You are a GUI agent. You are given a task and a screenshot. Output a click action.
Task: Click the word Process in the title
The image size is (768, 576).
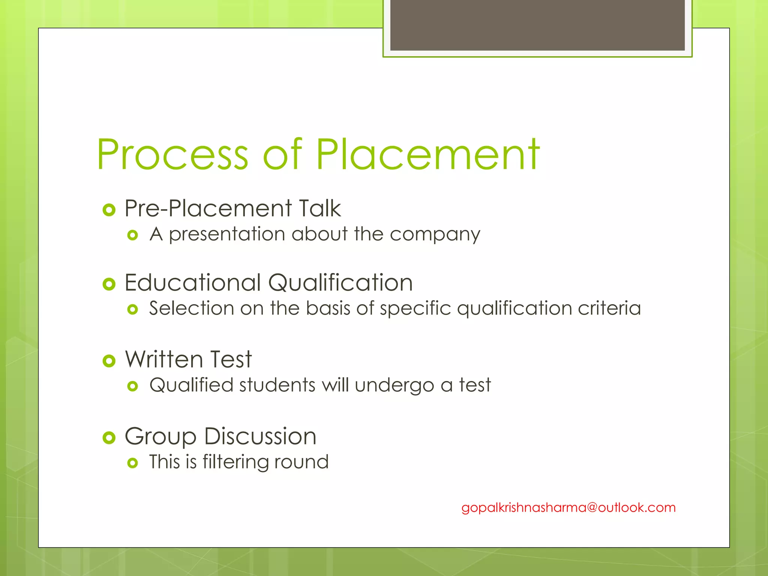tap(172, 154)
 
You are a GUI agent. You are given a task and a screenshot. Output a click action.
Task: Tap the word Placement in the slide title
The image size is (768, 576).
tap(428, 154)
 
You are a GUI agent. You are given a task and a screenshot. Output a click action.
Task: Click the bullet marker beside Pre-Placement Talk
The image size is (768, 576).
tap(109, 210)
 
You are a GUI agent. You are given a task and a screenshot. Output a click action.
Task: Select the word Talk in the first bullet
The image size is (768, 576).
tap(320, 208)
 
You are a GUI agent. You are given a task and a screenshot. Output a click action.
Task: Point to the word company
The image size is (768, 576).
tap(435, 235)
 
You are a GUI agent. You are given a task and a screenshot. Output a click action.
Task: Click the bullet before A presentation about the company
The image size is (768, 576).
tap(132, 235)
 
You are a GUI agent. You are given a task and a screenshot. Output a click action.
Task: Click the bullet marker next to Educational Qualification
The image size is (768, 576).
tap(109, 284)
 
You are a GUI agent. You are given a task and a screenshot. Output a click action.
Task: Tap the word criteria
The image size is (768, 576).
tap(609, 309)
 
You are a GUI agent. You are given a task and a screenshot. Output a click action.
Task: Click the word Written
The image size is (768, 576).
tap(164, 359)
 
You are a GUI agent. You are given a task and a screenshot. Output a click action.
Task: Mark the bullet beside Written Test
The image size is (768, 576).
tap(109, 361)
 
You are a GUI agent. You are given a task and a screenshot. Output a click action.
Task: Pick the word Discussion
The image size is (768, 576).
tap(261, 436)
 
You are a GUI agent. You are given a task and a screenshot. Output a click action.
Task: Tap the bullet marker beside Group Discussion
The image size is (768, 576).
tap(109, 438)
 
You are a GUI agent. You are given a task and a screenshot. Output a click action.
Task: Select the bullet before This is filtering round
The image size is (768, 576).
tap(132, 463)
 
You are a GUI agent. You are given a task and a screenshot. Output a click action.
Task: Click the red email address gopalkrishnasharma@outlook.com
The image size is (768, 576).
tap(568, 508)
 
